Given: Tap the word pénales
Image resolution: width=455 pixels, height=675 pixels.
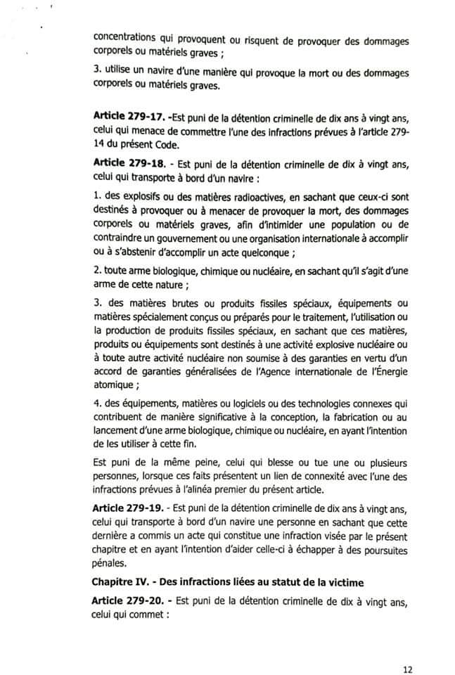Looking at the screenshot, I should pyautogui.click(x=108, y=563).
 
